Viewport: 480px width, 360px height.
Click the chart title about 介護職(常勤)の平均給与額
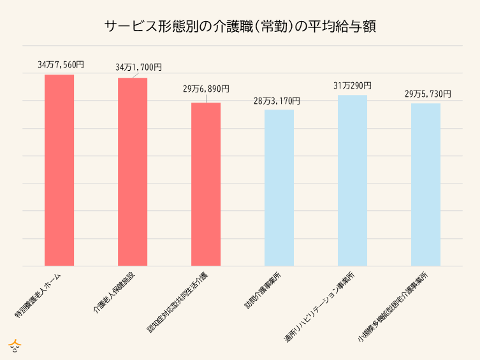[x=240, y=27]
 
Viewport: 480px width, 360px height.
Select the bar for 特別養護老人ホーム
[x=59, y=170]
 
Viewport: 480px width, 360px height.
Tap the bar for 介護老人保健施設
[x=133, y=172]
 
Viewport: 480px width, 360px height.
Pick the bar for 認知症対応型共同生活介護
[x=206, y=184]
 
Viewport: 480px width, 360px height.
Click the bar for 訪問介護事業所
[x=279, y=188]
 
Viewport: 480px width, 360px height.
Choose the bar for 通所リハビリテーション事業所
[x=353, y=180]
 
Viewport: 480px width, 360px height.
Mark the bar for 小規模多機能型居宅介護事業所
[x=426, y=185]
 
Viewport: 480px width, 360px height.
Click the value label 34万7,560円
[x=61, y=64]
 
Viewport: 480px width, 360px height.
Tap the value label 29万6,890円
[x=206, y=89]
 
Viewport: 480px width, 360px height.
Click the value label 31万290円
[x=352, y=85]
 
